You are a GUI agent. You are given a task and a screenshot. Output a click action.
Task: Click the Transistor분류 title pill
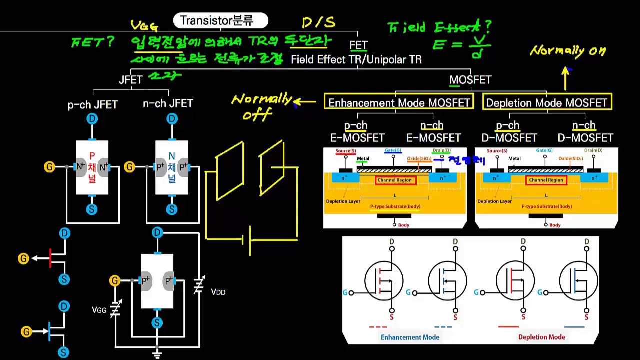220,21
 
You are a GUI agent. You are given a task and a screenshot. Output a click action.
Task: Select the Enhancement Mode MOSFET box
398,103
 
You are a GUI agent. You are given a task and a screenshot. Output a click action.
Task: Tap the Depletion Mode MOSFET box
547,103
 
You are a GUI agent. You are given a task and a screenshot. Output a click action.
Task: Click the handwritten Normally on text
568,50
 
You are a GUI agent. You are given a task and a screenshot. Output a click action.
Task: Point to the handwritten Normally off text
261,106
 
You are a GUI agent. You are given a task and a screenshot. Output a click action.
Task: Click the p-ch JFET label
93,105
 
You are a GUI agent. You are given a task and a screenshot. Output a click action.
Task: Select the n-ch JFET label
168,104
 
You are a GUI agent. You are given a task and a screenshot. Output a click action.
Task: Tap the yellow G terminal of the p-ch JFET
49,167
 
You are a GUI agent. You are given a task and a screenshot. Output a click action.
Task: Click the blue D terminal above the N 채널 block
172,119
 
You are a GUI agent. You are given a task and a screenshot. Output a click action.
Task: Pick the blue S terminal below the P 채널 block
91,209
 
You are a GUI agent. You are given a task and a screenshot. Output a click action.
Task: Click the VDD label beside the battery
218,292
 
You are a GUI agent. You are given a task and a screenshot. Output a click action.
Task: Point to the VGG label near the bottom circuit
99,310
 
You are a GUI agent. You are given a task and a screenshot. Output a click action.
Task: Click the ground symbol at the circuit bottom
157,355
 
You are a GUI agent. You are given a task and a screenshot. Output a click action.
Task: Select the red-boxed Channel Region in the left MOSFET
395,180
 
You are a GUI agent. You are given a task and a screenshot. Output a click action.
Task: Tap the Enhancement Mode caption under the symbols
410,337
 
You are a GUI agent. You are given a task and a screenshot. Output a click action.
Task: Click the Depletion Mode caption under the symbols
541,337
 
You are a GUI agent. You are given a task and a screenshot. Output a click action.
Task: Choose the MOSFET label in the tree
470,80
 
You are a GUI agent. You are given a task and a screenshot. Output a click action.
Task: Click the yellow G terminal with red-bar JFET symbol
23,258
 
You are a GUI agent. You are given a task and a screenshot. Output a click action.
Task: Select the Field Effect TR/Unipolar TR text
356,60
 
